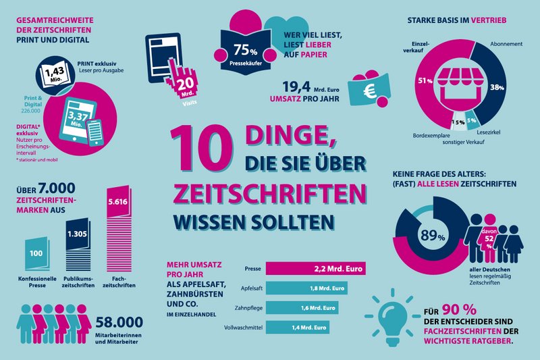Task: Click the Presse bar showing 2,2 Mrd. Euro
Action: (315, 269)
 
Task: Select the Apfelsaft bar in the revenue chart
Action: (307, 288)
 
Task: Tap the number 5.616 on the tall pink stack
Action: (118, 202)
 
